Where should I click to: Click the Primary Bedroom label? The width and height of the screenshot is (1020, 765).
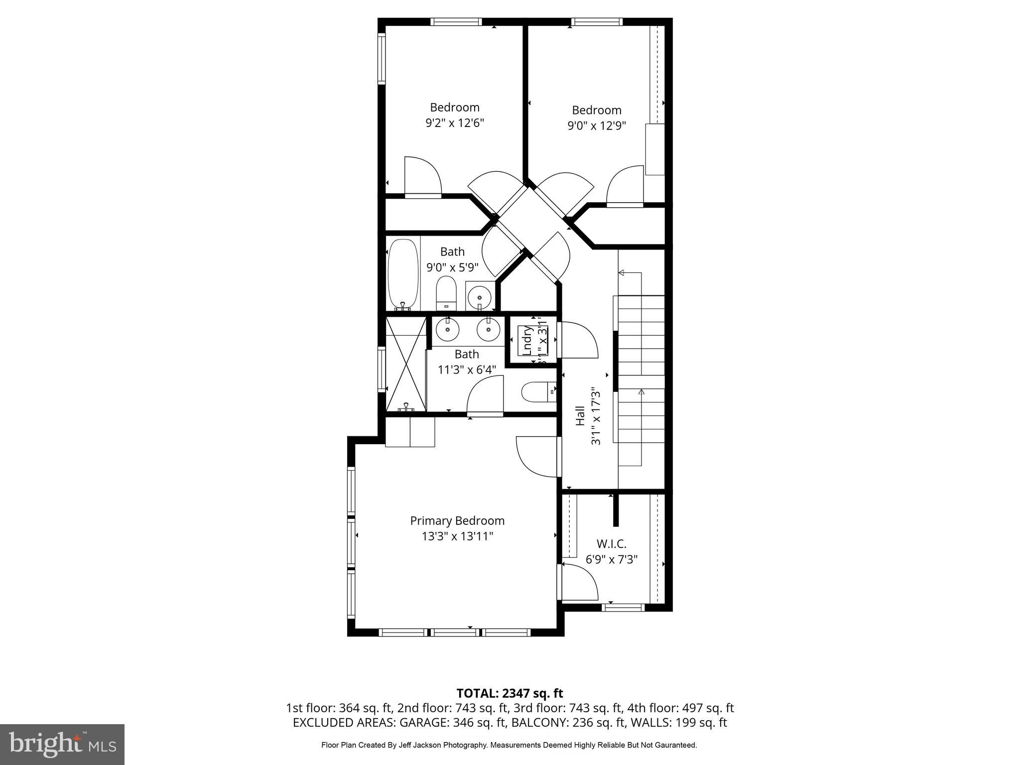(x=457, y=521)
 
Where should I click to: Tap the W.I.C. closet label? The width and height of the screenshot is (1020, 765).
(x=611, y=544)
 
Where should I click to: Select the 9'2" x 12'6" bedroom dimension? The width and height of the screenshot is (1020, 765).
(x=455, y=123)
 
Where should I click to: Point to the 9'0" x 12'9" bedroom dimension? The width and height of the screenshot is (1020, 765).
(x=596, y=126)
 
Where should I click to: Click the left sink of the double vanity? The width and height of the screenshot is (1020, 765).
(x=447, y=329)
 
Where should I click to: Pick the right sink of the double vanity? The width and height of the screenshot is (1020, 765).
(x=488, y=329)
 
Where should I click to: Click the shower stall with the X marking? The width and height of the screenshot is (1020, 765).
(x=406, y=364)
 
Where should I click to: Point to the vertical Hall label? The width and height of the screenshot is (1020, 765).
(x=580, y=415)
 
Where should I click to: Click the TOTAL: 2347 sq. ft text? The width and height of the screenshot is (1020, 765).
(x=510, y=693)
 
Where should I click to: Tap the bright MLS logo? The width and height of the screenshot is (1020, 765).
(x=62, y=744)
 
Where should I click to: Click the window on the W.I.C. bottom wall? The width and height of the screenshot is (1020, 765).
(x=623, y=607)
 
